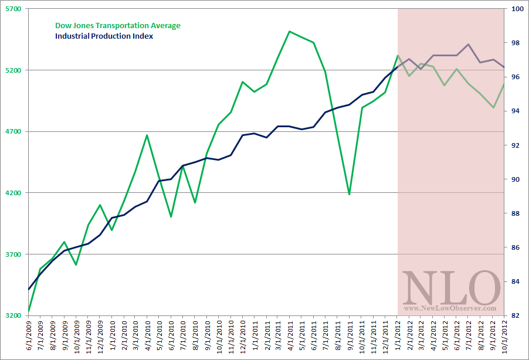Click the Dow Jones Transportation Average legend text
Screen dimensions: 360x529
[x=117, y=25]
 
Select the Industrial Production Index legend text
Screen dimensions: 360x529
[x=104, y=36]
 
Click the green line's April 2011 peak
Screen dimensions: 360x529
[x=290, y=31]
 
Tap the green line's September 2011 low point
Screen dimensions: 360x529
[x=349, y=194]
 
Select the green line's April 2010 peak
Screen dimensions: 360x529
[x=147, y=135]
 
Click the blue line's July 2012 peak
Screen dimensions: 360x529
[x=468, y=44]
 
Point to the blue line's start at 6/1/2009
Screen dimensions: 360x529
[x=29, y=289]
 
